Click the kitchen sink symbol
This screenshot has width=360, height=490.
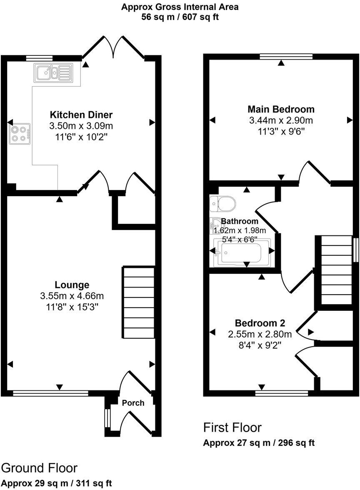coord(54,73)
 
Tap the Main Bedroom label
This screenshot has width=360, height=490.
coord(281,110)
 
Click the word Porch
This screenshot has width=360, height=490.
coord(133,403)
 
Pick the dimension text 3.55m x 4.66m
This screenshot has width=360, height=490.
coord(72,296)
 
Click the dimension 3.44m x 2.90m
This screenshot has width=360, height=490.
coord(281,121)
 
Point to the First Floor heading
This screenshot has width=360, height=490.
coord(232,427)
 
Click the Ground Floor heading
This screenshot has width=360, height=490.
coord(39,468)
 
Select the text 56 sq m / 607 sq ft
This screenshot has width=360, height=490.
coord(180,17)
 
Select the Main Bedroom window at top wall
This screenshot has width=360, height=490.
coord(285,56)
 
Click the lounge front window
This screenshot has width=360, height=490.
coord(50,392)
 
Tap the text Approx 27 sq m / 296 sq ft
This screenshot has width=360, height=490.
coord(258,443)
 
